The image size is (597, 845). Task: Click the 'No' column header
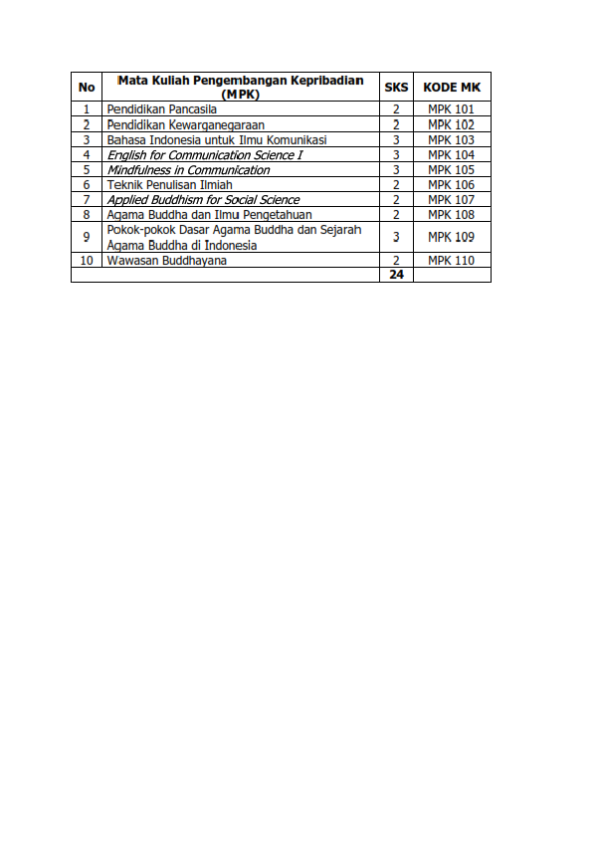click(x=87, y=87)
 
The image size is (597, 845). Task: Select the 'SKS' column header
click(x=396, y=87)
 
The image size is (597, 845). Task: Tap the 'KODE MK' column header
click(x=452, y=87)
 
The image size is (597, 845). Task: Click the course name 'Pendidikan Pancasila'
click(x=161, y=109)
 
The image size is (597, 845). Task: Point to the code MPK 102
click(x=452, y=124)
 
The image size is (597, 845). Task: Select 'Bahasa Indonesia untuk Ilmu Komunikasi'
click(x=217, y=139)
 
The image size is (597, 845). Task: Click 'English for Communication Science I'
click(x=204, y=154)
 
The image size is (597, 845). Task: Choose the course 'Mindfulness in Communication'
click(x=188, y=169)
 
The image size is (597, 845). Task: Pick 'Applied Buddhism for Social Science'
click(x=203, y=199)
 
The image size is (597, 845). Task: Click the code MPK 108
click(x=452, y=214)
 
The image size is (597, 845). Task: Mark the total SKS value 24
click(x=396, y=275)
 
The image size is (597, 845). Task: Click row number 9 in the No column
click(x=87, y=237)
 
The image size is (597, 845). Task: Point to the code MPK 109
click(x=452, y=237)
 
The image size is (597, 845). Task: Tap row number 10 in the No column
click(x=87, y=260)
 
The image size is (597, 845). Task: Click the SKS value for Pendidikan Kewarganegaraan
click(x=396, y=124)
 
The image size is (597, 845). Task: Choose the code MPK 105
click(x=452, y=169)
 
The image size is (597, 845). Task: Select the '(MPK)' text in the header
click(x=241, y=95)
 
